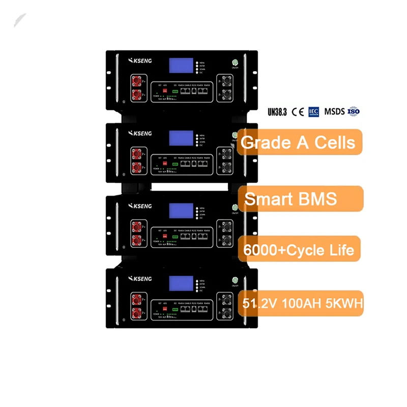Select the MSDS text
click(x=334, y=111)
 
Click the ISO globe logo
click(x=354, y=111)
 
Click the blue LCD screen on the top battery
click(x=181, y=65)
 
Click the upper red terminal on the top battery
click(x=137, y=79)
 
